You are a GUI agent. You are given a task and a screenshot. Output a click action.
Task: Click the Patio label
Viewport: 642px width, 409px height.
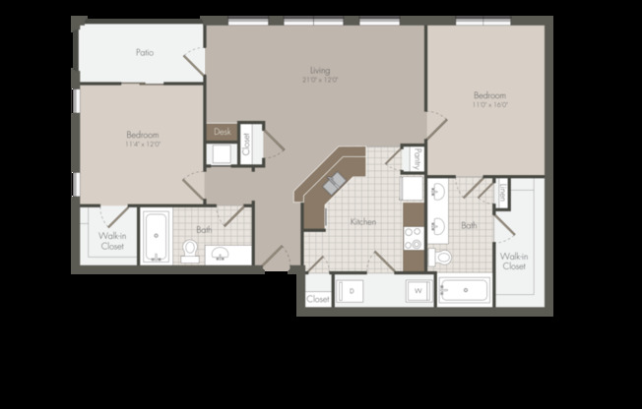click(144, 53)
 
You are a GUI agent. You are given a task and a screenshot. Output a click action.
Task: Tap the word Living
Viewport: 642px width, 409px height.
click(319, 70)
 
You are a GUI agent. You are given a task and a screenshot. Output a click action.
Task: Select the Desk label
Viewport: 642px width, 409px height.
click(222, 131)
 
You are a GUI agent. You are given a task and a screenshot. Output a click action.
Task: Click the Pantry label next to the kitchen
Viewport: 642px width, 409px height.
click(417, 156)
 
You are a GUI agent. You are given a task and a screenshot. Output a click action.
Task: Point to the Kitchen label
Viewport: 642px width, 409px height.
click(363, 222)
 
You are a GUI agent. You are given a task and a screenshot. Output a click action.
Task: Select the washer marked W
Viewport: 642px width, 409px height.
click(417, 291)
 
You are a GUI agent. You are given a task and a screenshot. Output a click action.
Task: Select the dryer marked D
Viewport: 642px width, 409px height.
click(352, 291)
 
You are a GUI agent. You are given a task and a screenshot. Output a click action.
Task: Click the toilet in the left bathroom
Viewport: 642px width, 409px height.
click(189, 253)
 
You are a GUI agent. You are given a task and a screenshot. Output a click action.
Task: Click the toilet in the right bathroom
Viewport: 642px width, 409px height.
click(442, 258)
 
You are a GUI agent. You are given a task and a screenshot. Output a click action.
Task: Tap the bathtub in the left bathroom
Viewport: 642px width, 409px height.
click(156, 239)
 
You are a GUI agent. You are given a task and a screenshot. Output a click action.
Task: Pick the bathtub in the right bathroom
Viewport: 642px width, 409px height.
click(464, 291)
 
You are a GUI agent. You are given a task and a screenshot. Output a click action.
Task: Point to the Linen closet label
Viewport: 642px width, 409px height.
click(501, 193)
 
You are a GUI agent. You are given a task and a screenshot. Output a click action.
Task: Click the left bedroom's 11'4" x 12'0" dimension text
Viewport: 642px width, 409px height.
click(143, 144)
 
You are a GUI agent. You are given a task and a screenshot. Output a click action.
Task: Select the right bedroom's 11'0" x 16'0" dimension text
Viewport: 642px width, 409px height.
click(489, 104)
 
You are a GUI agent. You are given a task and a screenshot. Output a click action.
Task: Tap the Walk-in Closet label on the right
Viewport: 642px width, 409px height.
click(513, 261)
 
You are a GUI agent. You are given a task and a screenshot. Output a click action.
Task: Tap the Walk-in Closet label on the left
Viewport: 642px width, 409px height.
click(111, 241)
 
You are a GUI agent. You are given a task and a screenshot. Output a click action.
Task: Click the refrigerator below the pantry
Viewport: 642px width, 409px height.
click(412, 188)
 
